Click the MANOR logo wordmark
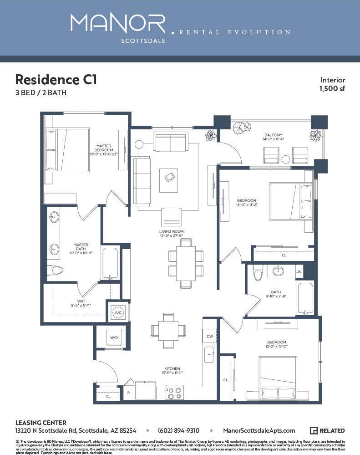coord(118,24)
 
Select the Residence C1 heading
coord(56,79)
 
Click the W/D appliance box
coord(114,337)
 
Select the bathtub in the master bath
coord(110,263)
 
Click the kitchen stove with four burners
coord(174,393)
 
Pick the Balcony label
coord(273,135)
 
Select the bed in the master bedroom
coord(67,150)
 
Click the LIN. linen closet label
coord(299,271)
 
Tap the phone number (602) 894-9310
coord(178,430)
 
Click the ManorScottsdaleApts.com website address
coord(259,430)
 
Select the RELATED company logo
coord(327,430)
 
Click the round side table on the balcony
coord(285,159)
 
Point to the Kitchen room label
coord(172,368)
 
